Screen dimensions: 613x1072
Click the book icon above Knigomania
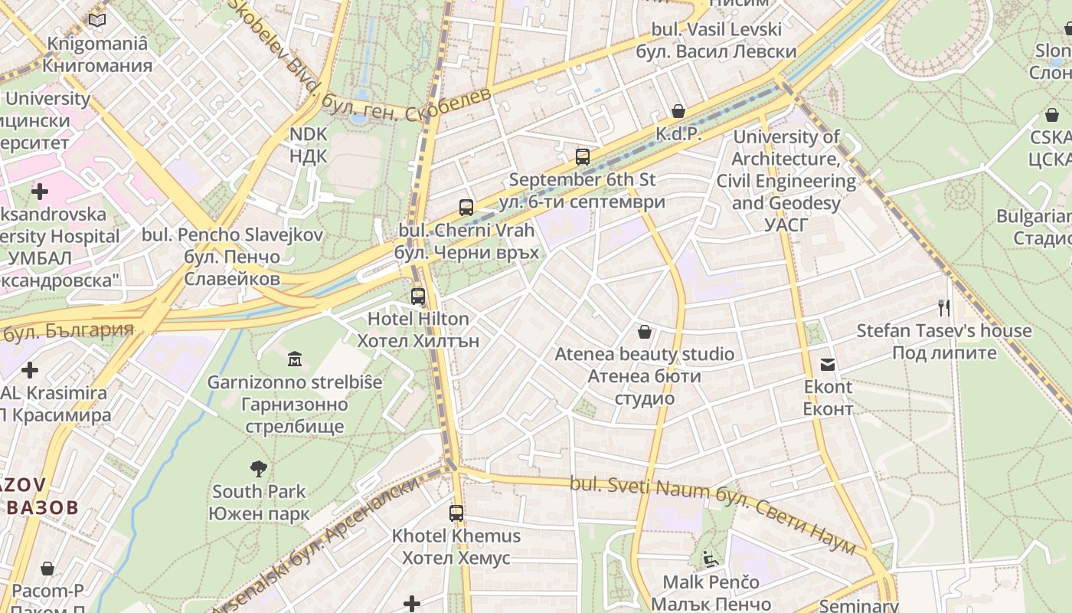tap(97, 21)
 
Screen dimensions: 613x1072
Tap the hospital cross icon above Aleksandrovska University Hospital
tap(39, 191)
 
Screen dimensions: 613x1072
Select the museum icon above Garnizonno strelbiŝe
tap(295, 359)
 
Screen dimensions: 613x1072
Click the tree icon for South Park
tap(259, 468)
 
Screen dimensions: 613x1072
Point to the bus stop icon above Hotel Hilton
tap(417, 296)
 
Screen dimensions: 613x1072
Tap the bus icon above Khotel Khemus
tap(456, 513)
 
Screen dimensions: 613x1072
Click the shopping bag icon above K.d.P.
tap(678, 112)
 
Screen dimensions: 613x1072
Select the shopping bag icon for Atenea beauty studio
tap(645, 332)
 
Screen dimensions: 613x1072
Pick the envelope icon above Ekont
tap(828, 365)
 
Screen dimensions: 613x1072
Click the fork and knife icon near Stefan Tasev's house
tap(944, 308)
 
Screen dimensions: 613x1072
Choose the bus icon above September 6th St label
tap(583, 157)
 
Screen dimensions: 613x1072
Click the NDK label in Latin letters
tap(309, 135)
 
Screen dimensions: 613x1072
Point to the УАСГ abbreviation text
tap(786, 225)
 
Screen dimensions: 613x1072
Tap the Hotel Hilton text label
tap(418, 319)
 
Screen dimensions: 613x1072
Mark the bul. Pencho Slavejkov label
tap(232, 234)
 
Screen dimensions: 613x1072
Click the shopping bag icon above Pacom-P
tap(47, 569)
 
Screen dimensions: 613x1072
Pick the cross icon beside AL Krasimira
tap(30, 371)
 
